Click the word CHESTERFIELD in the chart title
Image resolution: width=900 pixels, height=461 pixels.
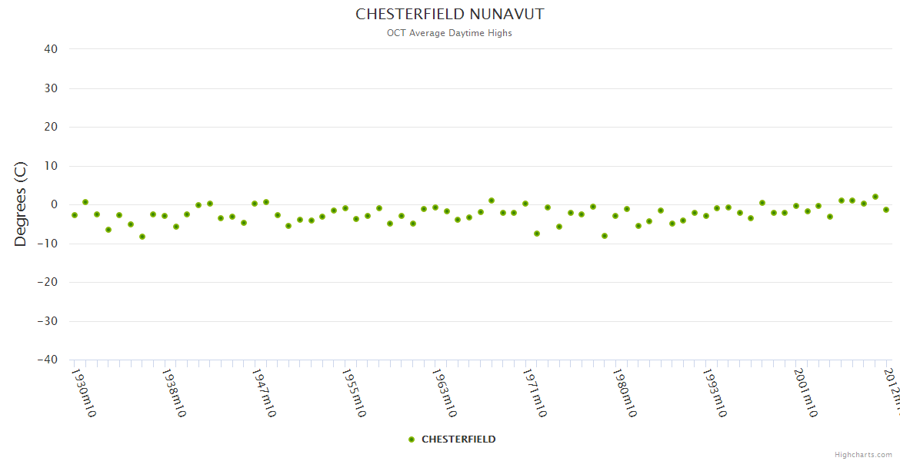click(410, 15)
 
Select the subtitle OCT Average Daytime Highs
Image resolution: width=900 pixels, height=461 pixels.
click(449, 33)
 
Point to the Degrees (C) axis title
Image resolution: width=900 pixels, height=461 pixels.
click(21, 204)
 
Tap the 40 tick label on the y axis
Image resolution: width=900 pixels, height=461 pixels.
click(51, 49)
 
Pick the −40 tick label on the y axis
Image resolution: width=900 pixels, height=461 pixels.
click(47, 360)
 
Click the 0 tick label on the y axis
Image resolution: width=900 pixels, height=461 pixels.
click(55, 204)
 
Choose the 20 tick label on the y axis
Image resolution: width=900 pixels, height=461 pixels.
click(51, 127)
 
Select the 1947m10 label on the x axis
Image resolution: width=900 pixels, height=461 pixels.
click(263, 393)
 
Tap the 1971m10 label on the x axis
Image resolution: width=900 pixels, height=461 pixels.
click(534, 393)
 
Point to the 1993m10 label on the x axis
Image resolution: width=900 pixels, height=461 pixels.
click(714, 393)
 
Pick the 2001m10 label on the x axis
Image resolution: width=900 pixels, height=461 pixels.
click(805, 393)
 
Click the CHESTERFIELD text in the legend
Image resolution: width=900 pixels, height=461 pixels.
click(458, 439)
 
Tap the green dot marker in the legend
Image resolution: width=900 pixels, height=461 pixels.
click(412, 439)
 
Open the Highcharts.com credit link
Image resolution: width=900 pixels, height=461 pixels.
click(863, 454)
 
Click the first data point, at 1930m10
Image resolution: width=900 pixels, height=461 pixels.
click(75, 215)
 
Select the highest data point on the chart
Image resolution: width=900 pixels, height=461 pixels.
click(875, 197)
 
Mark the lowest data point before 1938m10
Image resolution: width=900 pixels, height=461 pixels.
click(142, 237)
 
